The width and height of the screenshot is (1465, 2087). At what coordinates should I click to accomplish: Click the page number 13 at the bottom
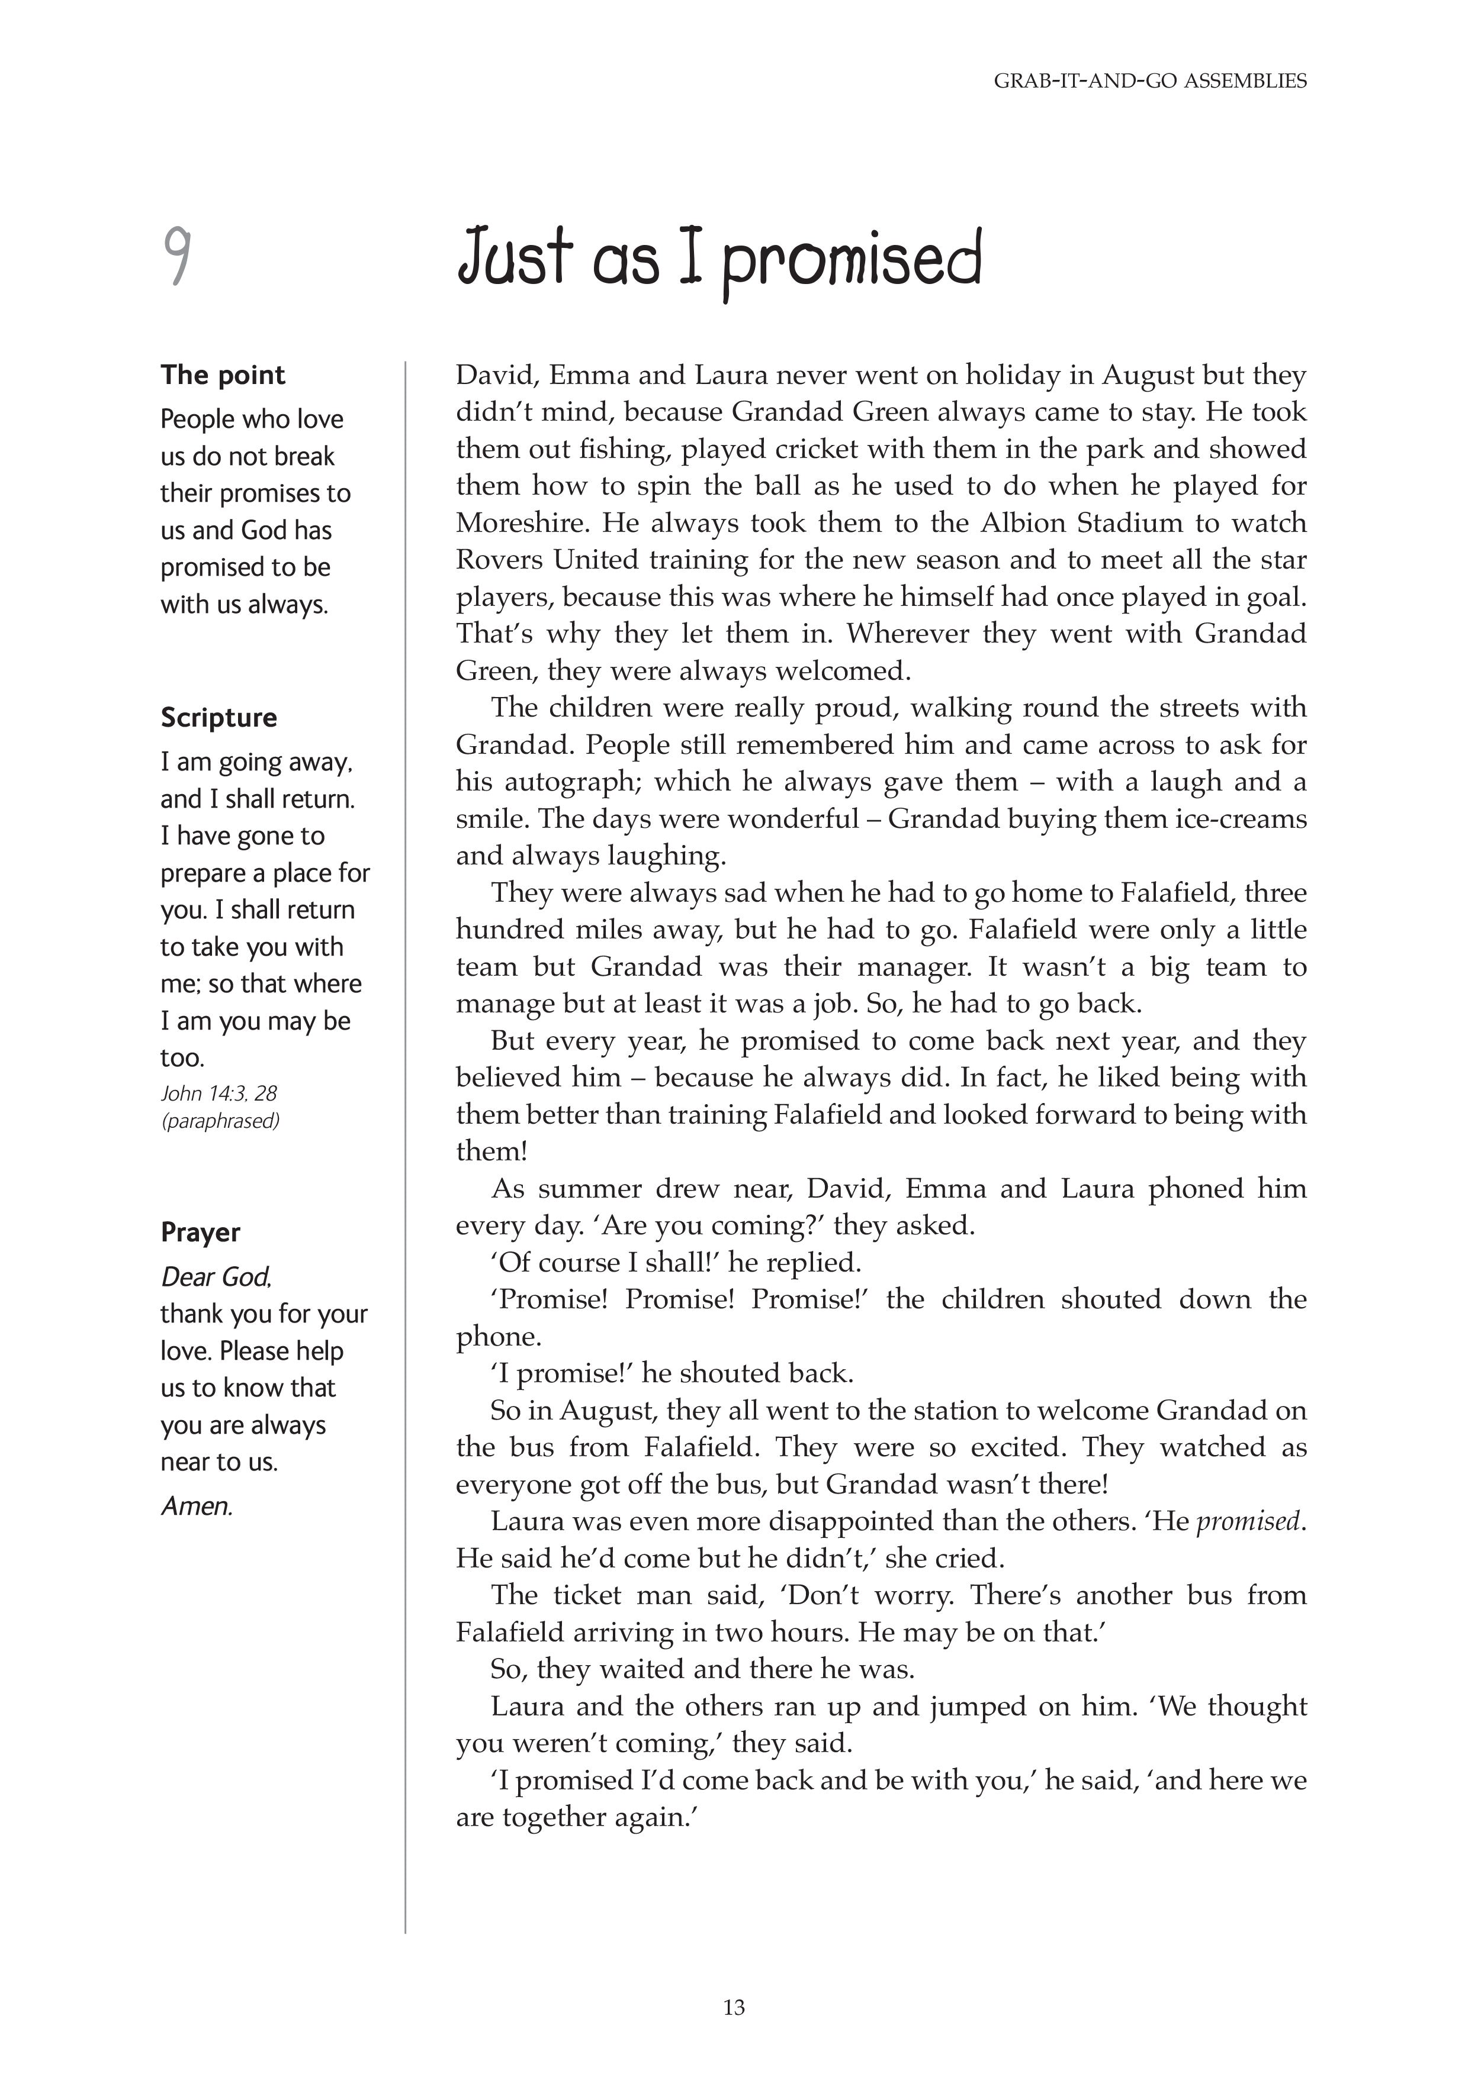click(x=734, y=2008)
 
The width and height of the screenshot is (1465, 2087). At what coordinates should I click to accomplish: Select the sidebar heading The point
click(x=223, y=375)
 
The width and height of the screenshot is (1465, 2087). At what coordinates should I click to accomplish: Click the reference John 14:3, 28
click(x=219, y=1094)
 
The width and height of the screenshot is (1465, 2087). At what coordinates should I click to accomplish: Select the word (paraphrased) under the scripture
click(x=220, y=1121)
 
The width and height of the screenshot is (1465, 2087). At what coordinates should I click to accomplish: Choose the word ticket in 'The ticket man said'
click(x=587, y=1595)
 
